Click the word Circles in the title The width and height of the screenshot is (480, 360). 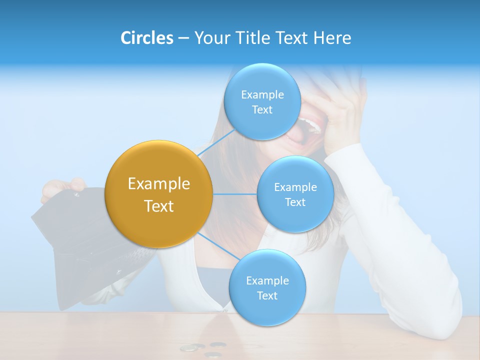tap(147, 38)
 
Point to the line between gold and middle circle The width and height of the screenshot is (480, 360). tap(235, 194)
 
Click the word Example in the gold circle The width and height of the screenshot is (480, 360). tap(159, 184)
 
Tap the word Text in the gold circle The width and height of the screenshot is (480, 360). tap(159, 206)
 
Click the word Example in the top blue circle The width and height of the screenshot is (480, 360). tap(262, 95)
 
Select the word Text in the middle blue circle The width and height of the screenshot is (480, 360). tap(295, 202)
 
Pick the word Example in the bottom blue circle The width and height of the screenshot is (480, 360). tap(267, 280)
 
